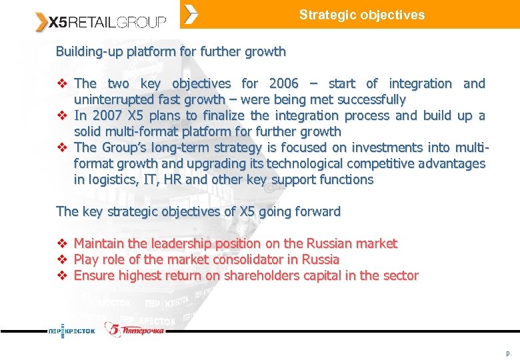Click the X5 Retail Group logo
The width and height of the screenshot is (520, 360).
100,22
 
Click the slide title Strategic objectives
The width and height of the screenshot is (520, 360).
361,15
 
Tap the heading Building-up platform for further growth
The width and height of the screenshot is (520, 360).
171,51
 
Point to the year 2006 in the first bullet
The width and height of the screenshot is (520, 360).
284,84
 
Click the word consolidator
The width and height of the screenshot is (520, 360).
247,260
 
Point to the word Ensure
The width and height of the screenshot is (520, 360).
93,276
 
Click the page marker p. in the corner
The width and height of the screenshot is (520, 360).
509,352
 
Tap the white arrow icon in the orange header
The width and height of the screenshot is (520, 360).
191,14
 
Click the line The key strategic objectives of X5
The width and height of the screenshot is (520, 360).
198,212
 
